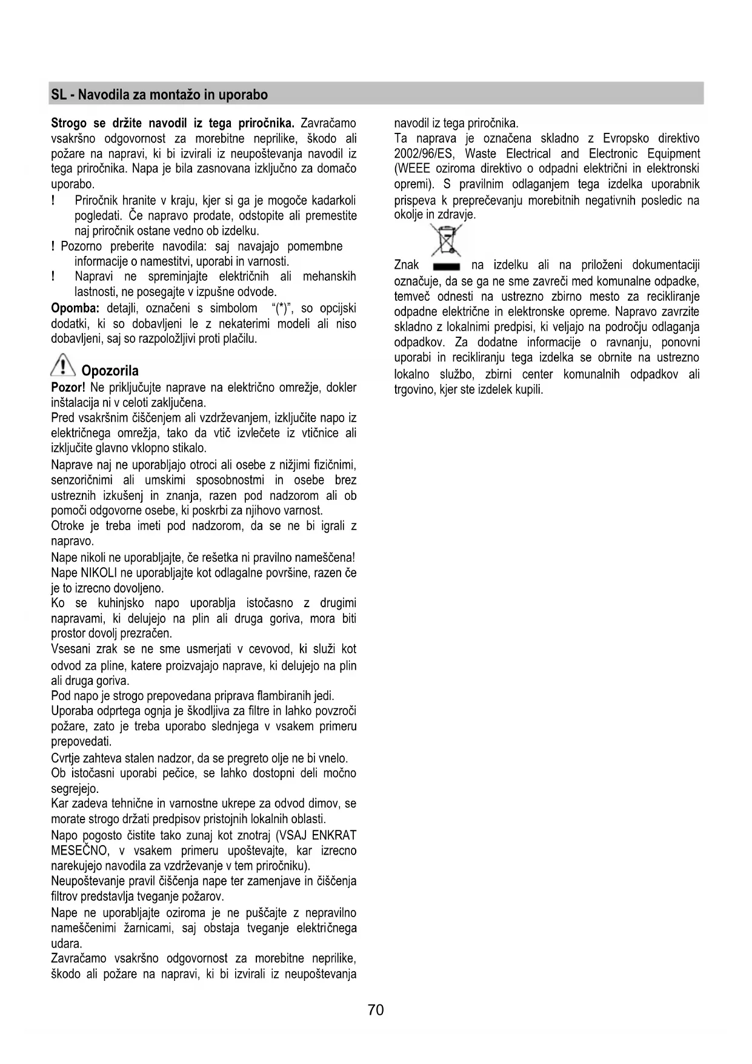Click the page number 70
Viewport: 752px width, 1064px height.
click(x=376, y=1010)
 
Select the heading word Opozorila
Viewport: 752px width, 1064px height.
click(x=110, y=371)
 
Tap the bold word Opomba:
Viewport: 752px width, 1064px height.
click(x=75, y=308)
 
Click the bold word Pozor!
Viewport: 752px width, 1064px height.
click(x=68, y=388)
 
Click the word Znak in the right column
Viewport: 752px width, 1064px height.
click(x=407, y=265)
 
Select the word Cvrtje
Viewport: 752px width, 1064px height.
click(x=68, y=758)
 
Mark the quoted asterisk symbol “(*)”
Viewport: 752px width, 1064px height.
click(x=282, y=308)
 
